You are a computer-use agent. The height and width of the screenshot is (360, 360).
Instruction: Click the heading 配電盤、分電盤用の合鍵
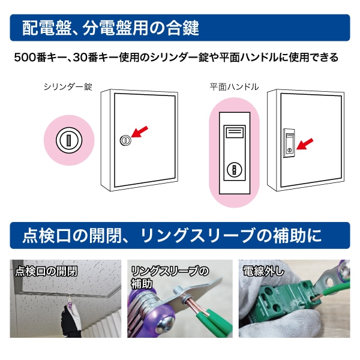click(x=110, y=28)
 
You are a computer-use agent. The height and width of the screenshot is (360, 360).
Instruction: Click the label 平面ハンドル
click(x=234, y=86)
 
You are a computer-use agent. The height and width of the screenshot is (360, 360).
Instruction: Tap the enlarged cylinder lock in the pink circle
click(x=68, y=140)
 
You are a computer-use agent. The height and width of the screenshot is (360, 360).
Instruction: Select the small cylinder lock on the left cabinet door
click(x=125, y=140)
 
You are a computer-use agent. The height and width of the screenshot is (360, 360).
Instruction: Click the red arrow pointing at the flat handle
click(x=305, y=144)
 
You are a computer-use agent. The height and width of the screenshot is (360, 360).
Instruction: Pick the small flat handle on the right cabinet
click(x=289, y=142)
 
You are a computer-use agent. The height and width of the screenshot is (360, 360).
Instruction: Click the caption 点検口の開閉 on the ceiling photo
click(x=47, y=271)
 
